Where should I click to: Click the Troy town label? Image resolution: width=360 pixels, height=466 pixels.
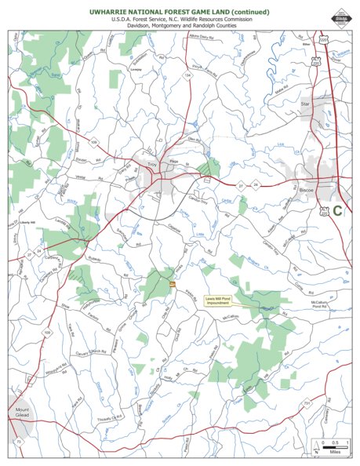click(x=152, y=165)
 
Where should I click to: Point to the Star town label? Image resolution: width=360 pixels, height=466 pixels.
click(x=307, y=103)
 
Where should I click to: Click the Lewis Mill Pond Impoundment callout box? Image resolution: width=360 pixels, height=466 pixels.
click(x=224, y=301)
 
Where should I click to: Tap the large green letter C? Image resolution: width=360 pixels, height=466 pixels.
click(x=337, y=210)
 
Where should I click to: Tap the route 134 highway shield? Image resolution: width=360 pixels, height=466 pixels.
click(x=187, y=75)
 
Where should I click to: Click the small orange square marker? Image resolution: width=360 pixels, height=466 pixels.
click(x=172, y=283)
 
